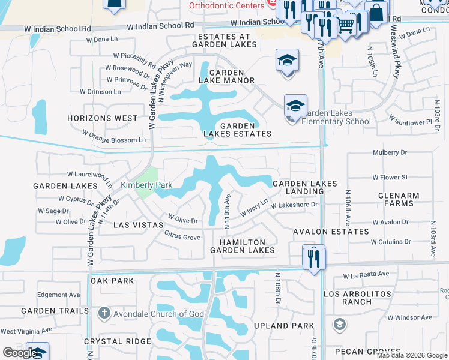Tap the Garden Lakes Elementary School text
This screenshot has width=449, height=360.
(x=337, y=117)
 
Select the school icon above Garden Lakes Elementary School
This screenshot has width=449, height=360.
(x=295, y=106)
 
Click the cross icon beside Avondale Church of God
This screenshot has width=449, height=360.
(x=104, y=313)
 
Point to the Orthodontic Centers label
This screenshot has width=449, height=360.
(x=226, y=5)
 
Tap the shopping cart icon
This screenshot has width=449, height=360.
(x=346, y=25)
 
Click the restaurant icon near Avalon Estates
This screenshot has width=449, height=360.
(x=314, y=258)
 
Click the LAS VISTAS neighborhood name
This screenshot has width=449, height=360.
(x=139, y=224)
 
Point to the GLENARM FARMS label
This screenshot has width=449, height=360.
(x=396, y=199)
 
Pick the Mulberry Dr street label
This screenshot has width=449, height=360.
(x=390, y=152)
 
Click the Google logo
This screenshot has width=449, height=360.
(x=19, y=353)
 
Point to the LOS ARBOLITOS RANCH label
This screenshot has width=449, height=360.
(x=357, y=298)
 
